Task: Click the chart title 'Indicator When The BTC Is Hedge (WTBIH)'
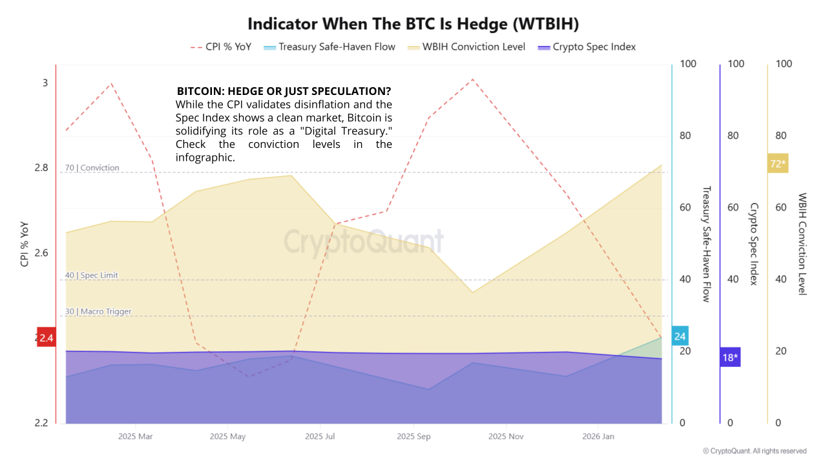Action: click(413, 24)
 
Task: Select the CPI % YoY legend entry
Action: click(221, 47)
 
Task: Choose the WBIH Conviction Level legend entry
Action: click(466, 47)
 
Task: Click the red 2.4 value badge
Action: click(46, 337)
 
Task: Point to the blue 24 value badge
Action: click(680, 336)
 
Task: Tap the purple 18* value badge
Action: click(730, 357)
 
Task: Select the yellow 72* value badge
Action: click(778, 164)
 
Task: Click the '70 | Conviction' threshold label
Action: click(92, 168)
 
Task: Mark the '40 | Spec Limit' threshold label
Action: click(91, 276)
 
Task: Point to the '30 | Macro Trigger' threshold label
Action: click(98, 312)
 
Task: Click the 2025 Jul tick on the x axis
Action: click(320, 437)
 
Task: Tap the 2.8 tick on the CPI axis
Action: click(41, 168)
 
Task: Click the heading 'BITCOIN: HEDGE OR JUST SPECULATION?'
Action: click(284, 91)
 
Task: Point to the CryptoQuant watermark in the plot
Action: click(364, 242)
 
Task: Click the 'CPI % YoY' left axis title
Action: click(25, 244)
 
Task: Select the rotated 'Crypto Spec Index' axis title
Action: click(753, 243)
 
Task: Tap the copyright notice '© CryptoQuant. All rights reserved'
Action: click(755, 451)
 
